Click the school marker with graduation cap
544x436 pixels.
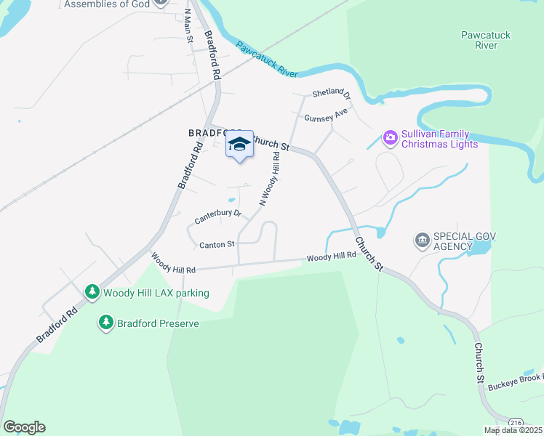239,145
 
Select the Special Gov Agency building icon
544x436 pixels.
422,239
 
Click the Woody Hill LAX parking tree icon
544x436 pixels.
92,292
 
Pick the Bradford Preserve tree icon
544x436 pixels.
106,323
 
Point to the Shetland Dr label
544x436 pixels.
331,94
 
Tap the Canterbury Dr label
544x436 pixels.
217,216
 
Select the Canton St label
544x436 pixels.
217,245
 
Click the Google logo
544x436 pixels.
24,427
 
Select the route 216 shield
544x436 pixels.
516,421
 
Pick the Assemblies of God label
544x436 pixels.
107,4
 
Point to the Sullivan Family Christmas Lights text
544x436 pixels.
436,139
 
